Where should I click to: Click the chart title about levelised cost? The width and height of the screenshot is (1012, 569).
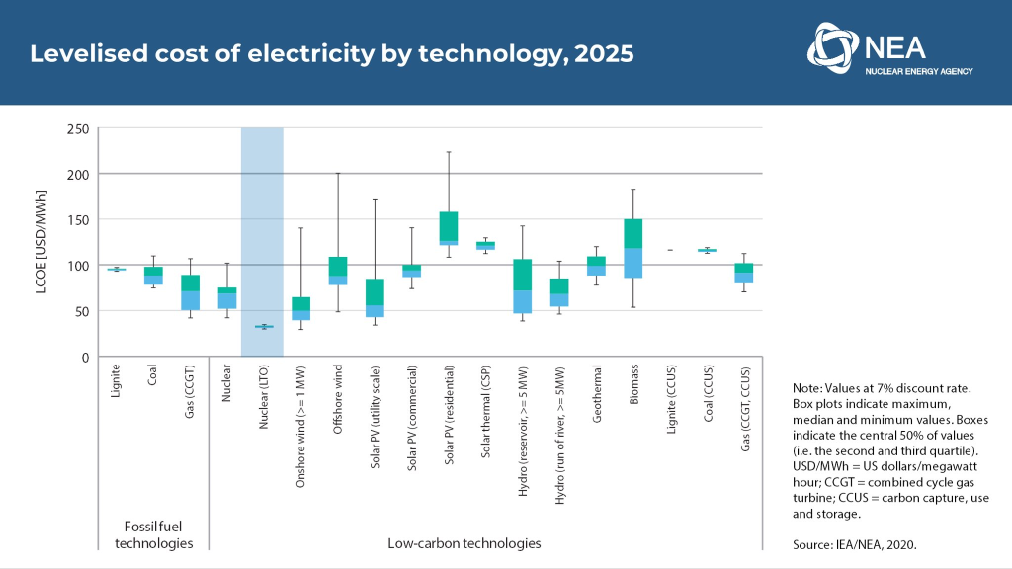point(331,53)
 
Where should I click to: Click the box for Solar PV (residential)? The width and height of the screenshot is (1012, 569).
point(448,228)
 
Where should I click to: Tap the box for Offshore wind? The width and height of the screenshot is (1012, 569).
point(338,271)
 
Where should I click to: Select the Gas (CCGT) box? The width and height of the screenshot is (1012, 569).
point(190,292)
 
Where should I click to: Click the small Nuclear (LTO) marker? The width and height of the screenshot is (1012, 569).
point(263,327)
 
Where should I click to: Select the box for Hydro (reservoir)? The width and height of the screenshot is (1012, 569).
point(523,285)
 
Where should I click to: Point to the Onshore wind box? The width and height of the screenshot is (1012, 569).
point(300,308)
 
